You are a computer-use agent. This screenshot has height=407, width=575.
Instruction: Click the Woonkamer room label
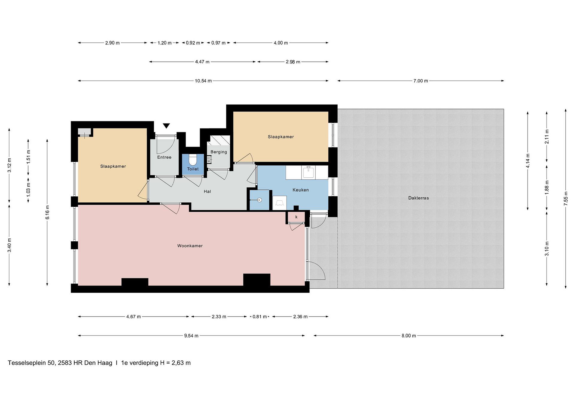point(190,246)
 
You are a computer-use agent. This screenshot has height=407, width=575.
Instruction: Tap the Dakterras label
point(418,198)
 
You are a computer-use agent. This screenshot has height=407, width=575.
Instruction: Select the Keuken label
point(300,190)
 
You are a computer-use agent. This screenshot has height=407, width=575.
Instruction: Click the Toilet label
point(193,169)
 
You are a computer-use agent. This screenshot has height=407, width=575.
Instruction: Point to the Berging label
point(219,152)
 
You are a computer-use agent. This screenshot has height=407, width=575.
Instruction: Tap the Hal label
point(207,191)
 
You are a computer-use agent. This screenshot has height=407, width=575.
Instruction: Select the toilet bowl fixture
point(193,160)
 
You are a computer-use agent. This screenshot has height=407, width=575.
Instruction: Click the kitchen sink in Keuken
point(308,172)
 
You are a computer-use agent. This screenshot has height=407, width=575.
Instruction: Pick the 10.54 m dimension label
point(203,81)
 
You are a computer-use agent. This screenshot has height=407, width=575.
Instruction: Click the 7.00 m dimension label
point(420,81)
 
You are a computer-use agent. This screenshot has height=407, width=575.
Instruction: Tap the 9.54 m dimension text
point(191,336)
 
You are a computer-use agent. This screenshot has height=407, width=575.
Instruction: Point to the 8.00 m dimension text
point(409,336)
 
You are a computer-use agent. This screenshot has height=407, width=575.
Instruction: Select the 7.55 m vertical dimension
point(566,198)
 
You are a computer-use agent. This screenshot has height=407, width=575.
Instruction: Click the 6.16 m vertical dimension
point(47,212)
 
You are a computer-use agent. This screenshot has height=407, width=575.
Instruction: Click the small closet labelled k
point(296,217)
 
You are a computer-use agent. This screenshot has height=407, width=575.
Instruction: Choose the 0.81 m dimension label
point(260,317)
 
